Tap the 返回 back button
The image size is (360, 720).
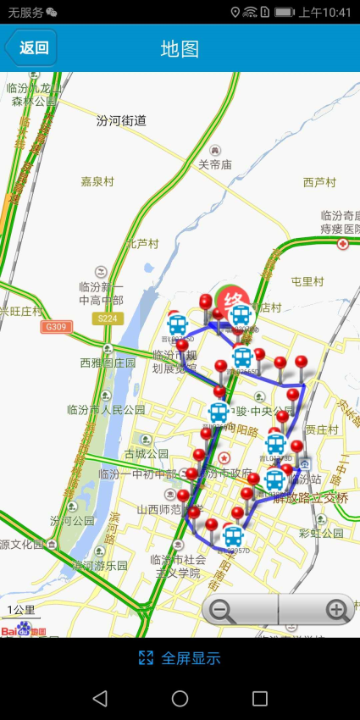pos(31,47)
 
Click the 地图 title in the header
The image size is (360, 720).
pos(180,48)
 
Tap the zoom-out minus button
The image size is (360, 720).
pos(223,610)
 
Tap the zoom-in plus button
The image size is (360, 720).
pos(337,610)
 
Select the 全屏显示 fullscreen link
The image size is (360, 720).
pos(180,658)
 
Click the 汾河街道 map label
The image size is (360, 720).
pos(121,120)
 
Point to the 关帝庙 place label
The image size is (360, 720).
pos(215,165)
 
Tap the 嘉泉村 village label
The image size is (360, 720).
pos(97,181)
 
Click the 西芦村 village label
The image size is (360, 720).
pos(319,182)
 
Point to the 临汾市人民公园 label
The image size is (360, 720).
pos(106,410)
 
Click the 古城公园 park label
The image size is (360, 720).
pos(146,454)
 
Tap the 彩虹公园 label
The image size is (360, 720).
pos(321,534)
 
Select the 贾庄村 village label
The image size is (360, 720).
pos(322,429)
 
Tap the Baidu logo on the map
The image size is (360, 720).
pos(23,629)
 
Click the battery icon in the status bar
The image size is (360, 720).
pos(284,12)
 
